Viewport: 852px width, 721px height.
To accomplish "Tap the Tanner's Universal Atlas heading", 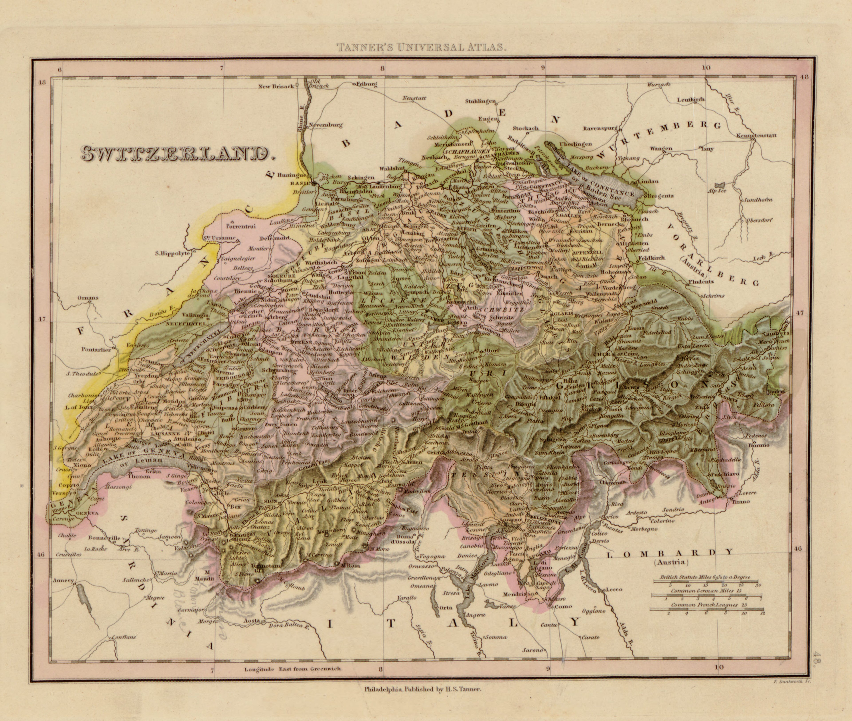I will coord(421,47).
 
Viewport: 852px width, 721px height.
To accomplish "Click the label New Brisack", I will coord(276,86).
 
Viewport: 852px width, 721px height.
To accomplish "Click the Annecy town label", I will coord(63,580).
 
